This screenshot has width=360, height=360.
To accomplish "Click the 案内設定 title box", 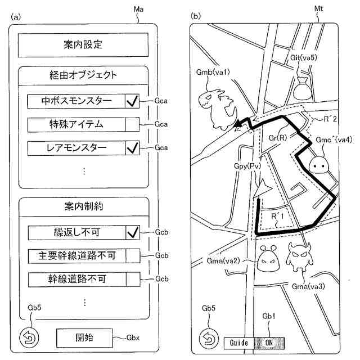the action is (83, 44).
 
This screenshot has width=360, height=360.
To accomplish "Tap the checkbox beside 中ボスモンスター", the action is (132, 101).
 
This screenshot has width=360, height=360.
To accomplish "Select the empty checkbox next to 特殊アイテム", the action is (132, 124).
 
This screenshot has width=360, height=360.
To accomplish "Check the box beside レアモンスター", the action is (132, 147).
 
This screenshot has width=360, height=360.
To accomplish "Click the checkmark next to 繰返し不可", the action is (132, 232).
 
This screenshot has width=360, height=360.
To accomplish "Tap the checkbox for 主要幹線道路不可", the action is (132, 255).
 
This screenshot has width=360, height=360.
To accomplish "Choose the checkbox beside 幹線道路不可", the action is (132, 278).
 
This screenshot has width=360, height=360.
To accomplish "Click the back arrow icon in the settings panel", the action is (29, 338).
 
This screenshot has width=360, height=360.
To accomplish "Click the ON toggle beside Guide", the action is (269, 342).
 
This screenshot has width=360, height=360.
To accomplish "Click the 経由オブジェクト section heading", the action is (83, 75).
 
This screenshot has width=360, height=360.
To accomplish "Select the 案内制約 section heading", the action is (83, 206).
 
